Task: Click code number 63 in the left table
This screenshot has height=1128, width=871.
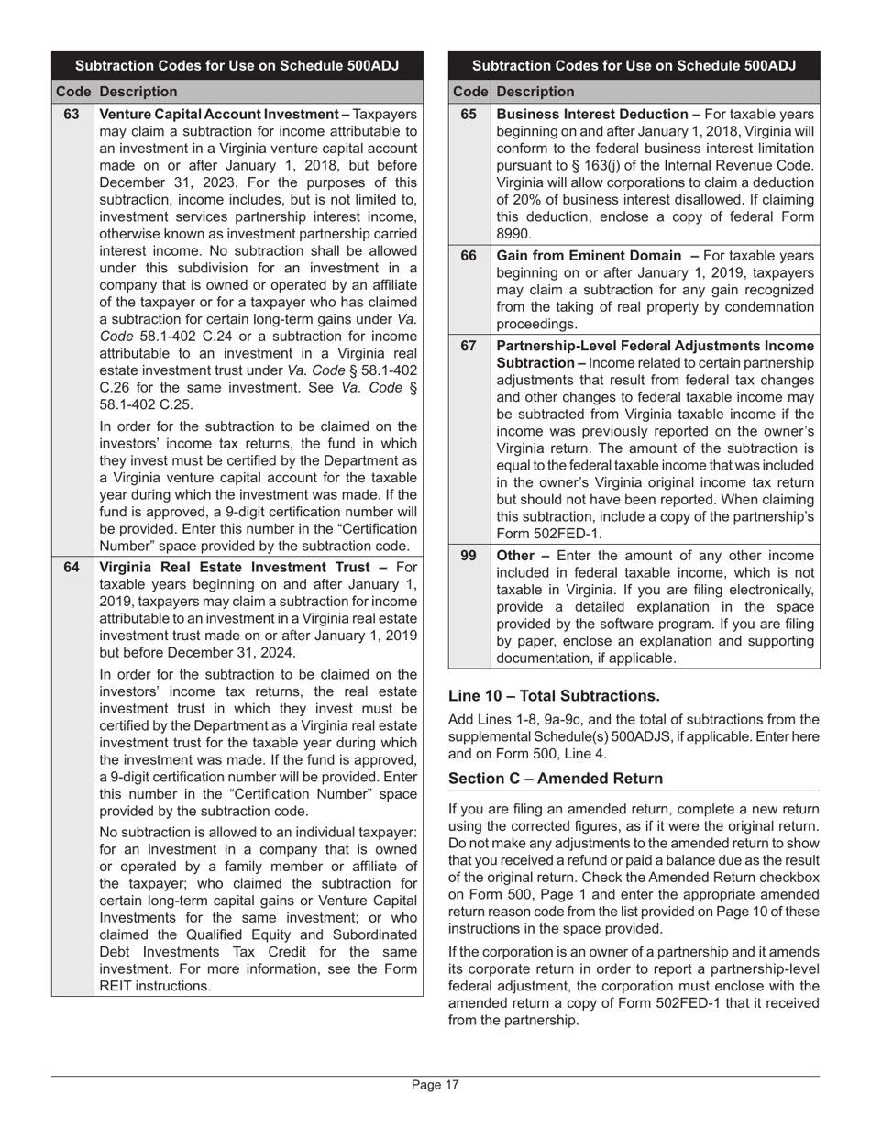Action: click(72, 115)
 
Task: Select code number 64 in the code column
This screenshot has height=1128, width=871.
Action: click(72, 567)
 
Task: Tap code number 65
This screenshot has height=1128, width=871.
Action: click(469, 115)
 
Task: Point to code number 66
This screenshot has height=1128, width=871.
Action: click(469, 256)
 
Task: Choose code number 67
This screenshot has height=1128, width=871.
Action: click(469, 346)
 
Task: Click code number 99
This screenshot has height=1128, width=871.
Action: click(469, 556)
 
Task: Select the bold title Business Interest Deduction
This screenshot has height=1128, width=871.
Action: click(593, 115)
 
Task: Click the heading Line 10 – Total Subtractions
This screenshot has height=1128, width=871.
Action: click(554, 695)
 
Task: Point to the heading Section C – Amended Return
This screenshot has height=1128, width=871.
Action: click(555, 779)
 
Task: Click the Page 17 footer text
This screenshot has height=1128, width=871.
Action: click(435, 1086)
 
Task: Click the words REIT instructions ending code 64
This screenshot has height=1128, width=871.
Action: click(154, 987)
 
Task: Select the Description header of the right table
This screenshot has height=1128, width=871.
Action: click(535, 92)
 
